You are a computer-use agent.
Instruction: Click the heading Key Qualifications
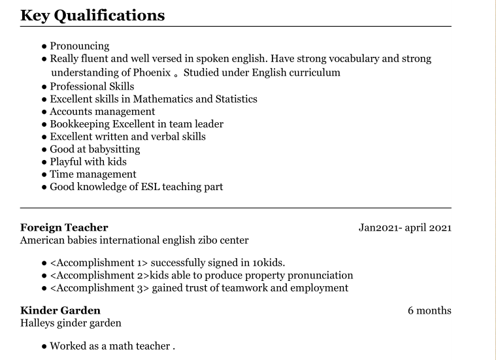(92, 15)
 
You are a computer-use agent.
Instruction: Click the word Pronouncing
(79, 46)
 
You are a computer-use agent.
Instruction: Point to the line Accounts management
(102, 112)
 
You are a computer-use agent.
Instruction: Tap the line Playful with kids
(88, 161)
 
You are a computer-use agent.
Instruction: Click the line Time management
(93, 174)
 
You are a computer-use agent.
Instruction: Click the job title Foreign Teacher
(64, 227)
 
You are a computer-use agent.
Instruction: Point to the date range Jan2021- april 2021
(405, 227)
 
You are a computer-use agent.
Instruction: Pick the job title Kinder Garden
(60, 310)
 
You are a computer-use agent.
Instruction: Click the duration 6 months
(429, 310)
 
